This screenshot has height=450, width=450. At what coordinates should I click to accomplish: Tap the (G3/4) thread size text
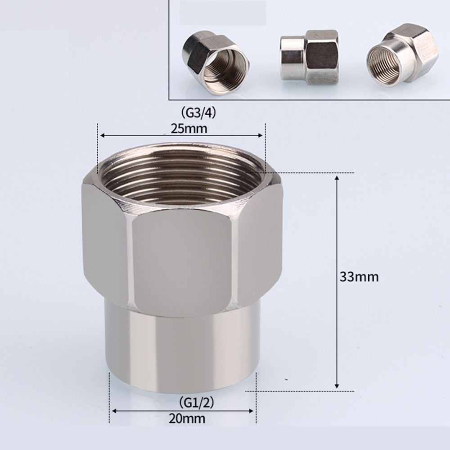(198, 112)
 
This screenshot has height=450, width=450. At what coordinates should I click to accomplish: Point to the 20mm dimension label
(188, 418)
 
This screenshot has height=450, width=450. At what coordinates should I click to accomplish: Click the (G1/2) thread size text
(196, 402)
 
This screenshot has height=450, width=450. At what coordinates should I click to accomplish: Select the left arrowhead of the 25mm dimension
(102, 135)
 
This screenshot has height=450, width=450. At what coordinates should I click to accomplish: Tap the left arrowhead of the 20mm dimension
(114, 410)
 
